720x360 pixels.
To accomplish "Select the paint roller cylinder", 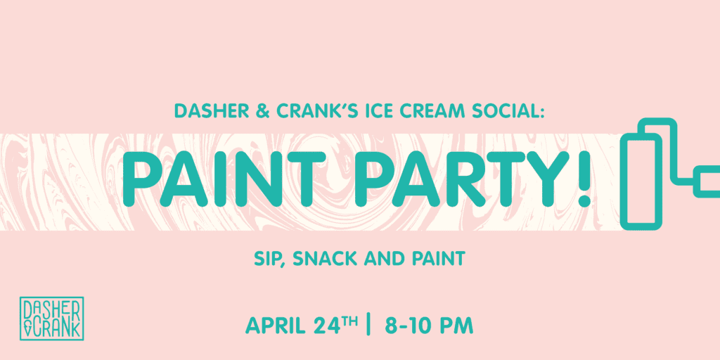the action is [x=641, y=182].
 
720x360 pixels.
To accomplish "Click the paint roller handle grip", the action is [x=707, y=182].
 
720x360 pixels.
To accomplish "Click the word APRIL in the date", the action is [x=275, y=326].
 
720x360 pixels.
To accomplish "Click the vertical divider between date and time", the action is [x=368, y=325].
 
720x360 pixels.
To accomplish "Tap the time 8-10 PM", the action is [x=429, y=326].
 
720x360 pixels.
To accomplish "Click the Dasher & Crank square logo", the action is [x=51, y=319].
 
